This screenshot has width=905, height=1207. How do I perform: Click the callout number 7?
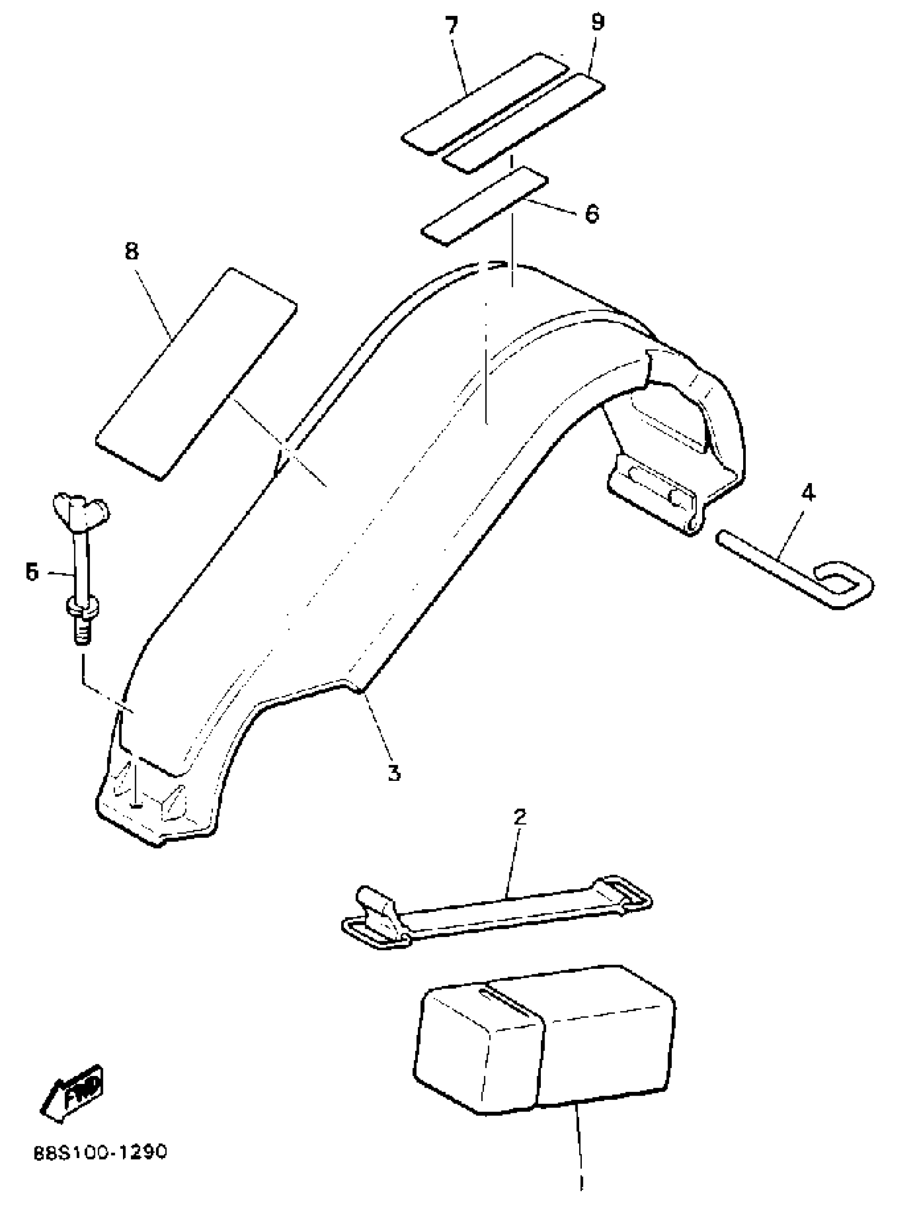451,26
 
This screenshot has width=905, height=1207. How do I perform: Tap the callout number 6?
591,214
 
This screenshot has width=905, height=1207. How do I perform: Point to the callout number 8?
131,251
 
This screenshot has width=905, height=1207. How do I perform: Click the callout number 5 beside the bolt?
32,573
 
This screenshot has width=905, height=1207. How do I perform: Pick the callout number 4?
808,493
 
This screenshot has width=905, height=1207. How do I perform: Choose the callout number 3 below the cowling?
394,772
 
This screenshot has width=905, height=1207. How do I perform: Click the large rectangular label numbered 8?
196,374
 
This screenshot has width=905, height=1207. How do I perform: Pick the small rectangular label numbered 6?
484,206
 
